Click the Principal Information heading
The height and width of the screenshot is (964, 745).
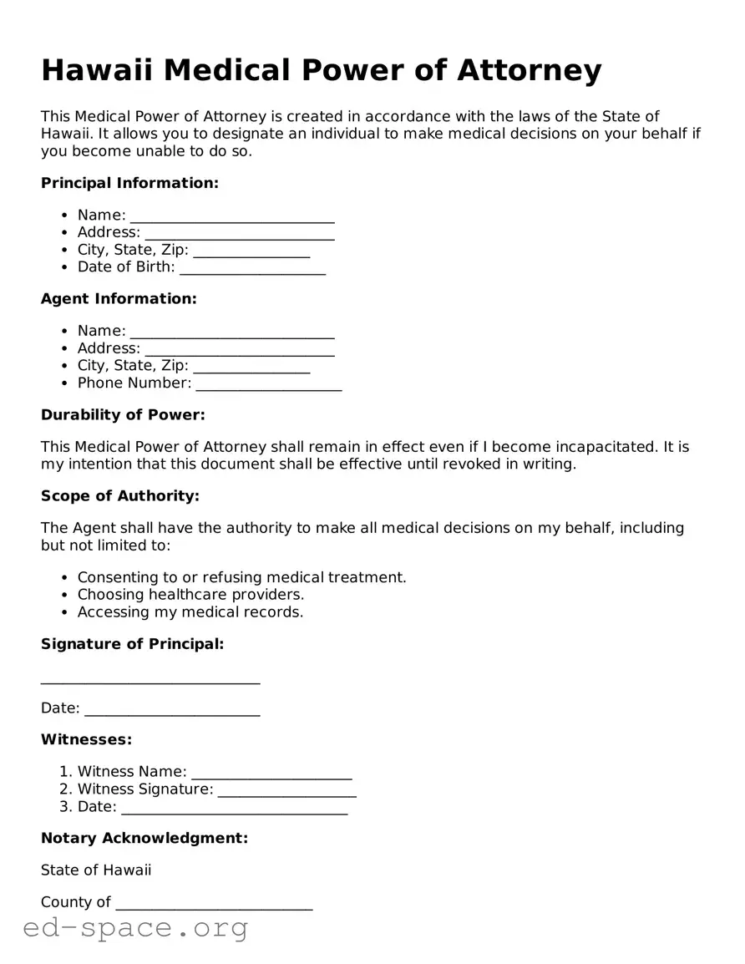click(129, 183)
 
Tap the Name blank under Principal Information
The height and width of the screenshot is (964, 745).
click(232, 216)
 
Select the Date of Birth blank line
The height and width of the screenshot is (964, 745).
click(252, 267)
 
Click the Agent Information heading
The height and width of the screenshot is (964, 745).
click(119, 298)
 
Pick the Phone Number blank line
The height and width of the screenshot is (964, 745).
click(268, 383)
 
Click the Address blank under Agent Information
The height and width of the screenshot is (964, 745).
click(239, 348)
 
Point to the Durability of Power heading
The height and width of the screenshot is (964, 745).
click(123, 414)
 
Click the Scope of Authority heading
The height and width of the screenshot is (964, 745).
click(120, 496)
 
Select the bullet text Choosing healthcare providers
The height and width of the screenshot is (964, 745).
click(190, 595)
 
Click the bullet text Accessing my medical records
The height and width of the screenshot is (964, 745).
click(190, 612)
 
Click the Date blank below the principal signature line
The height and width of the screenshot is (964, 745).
click(172, 709)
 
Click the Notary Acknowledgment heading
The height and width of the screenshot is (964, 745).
click(144, 838)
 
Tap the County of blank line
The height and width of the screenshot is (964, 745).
click(214, 903)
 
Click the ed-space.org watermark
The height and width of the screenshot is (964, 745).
click(135, 927)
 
